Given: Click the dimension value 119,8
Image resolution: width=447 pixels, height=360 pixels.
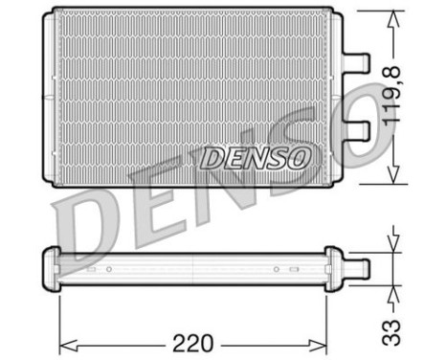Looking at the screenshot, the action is pos(391,96).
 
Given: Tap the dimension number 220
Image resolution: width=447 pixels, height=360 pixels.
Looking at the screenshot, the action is pos(192,344).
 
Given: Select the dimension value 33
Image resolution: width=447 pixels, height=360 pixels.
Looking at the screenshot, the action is pos(391,332).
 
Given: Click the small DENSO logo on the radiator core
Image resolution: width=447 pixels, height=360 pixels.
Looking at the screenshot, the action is pos(256,158).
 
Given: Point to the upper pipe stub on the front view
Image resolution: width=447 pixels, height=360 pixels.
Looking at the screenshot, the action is pos(356,61).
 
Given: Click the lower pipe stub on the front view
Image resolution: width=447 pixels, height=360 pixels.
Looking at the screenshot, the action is pos(356,131).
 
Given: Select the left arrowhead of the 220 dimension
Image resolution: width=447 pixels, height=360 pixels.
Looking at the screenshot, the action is pos(68,346).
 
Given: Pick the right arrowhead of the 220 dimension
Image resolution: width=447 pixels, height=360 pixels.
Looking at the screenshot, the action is pos(319,346).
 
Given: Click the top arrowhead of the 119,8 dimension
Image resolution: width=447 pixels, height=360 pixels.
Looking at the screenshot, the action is pos(393,19).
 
